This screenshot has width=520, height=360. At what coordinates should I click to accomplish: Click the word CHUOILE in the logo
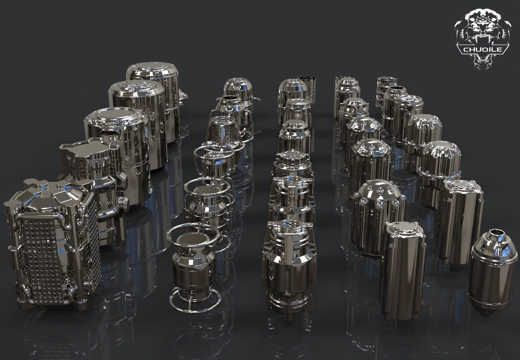tap(483, 50)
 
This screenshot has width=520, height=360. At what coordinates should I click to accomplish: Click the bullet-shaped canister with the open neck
tap(494, 270)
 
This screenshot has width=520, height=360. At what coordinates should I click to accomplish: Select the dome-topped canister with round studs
tap(378, 215)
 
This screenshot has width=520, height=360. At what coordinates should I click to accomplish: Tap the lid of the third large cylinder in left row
tap(116, 118)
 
